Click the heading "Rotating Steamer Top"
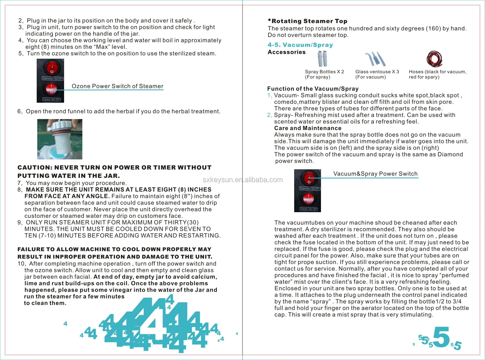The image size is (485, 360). [x=309, y=21]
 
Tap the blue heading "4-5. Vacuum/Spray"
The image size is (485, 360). [x=300, y=45]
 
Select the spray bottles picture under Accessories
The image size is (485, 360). [x=322, y=59]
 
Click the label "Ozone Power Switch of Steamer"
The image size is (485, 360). [x=117, y=86]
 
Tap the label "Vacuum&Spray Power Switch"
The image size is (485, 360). [x=375, y=174]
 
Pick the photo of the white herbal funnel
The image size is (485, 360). [x=60, y=139]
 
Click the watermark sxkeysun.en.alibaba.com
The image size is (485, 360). [x=242, y=180]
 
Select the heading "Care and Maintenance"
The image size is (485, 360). [x=308, y=128]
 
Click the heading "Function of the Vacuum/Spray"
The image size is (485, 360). [x=313, y=89]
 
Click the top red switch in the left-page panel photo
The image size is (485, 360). [x=52, y=68]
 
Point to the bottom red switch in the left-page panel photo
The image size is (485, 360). [x=51, y=89]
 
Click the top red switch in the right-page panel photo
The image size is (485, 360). [x=308, y=178]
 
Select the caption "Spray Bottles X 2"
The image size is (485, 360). [x=324, y=72]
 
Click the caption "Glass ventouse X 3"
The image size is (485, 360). [x=377, y=72]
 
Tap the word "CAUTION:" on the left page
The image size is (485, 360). [x=34, y=168]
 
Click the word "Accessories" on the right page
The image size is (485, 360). [x=287, y=52]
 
